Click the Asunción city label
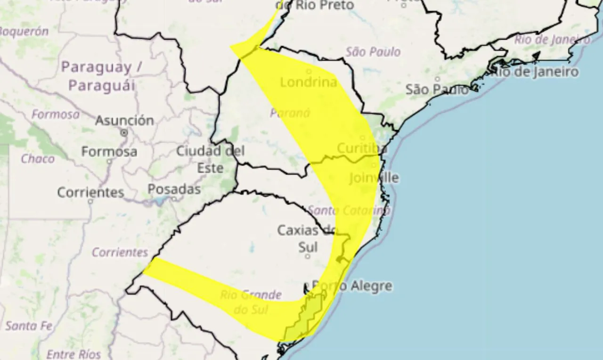(x=124, y=121)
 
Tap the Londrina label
(x=309, y=82)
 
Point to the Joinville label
(x=374, y=178)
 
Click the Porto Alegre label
(x=352, y=286)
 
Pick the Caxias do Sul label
(x=307, y=238)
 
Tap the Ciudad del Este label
(x=210, y=159)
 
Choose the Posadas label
(x=174, y=189)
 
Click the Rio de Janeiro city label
(x=535, y=72)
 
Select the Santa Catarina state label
(x=349, y=210)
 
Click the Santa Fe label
(x=29, y=326)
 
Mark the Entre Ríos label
(x=73, y=353)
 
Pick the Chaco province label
(x=38, y=159)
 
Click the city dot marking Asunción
(x=124, y=133)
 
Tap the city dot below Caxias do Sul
(x=308, y=257)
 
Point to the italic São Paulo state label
(x=373, y=51)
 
